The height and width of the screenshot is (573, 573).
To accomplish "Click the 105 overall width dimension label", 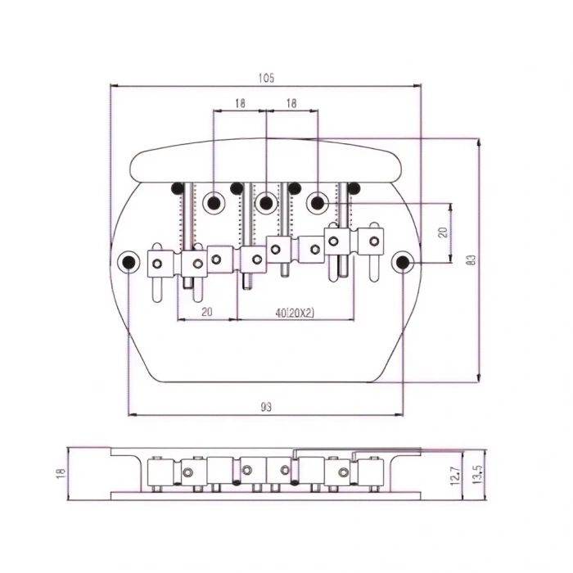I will tap(265, 79).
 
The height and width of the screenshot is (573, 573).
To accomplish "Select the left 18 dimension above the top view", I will tap(240, 104).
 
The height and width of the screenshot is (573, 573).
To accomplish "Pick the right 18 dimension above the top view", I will tap(291, 104).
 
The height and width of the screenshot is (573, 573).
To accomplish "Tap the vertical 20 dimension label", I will tap(443, 232).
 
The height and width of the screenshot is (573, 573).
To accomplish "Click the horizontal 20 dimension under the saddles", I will tap(206, 312).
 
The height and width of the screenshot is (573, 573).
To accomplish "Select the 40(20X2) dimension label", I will tap(295, 312).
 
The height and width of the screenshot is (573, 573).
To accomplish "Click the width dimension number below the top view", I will tap(265, 407).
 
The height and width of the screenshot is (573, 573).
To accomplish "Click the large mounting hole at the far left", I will tap(129, 262).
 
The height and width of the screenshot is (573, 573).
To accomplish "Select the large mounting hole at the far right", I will tap(402, 262).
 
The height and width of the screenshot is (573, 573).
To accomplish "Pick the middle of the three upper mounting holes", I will tap(265, 201).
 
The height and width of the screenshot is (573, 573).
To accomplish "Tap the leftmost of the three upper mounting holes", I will tap(214, 201).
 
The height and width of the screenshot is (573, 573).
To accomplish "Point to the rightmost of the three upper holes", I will tap(317, 201).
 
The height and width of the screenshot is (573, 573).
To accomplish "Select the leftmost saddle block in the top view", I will tap(159, 262).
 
